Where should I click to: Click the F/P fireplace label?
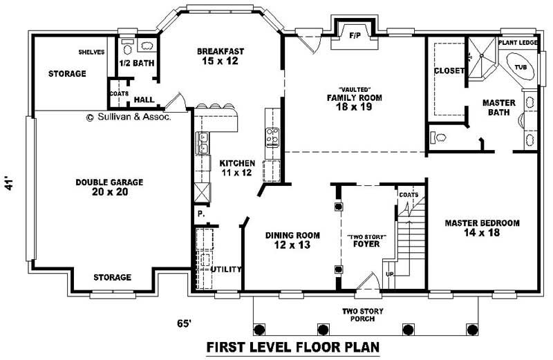[x=355, y=34]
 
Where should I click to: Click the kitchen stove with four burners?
[x=272, y=135]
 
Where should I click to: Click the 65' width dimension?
[x=185, y=322]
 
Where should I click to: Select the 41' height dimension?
[x=9, y=184]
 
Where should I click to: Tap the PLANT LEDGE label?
[x=518, y=43]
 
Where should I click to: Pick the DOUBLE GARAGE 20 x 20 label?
[x=109, y=187]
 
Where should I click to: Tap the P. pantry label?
[x=200, y=214]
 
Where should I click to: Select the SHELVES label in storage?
[x=91, y=51]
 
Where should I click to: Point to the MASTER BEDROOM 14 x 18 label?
[x=482, y=228]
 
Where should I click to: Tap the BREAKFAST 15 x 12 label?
[x=221, y=56]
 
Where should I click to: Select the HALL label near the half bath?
[x=144, y=100]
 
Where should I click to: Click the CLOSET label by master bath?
[x=448, y=70]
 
